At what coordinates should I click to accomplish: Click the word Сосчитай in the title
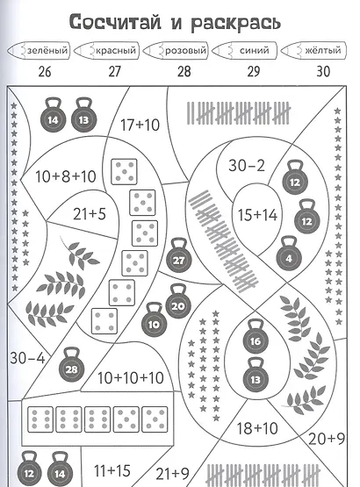pos(115,22)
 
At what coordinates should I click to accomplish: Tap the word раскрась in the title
pos(235,24)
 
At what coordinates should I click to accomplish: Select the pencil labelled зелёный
pos(39,50)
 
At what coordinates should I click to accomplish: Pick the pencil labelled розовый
pos(176,50)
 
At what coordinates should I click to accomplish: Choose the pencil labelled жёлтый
pos(313,50)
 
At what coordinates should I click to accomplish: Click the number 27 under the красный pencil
pos(114,71)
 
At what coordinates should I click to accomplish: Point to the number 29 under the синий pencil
pos(254,71)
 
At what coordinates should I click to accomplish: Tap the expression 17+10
pos(140,125)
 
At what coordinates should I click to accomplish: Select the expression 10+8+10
pos(66,176)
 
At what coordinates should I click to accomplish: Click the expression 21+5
pos(90,214)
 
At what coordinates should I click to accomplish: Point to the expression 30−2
pos(247,165)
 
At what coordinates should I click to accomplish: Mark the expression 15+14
pos(257,215)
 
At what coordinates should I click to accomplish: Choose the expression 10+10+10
pos(131,377)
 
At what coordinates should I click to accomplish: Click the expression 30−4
pos(27,358)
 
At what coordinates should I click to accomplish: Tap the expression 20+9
pos(327,439)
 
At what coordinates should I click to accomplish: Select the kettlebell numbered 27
pos(179,256)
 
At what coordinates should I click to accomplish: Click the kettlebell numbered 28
pos(72,365)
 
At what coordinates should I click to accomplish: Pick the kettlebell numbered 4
pos(289,254)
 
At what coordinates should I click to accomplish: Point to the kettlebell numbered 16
pos(256,337)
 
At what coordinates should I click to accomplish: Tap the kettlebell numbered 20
pos(178,302)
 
